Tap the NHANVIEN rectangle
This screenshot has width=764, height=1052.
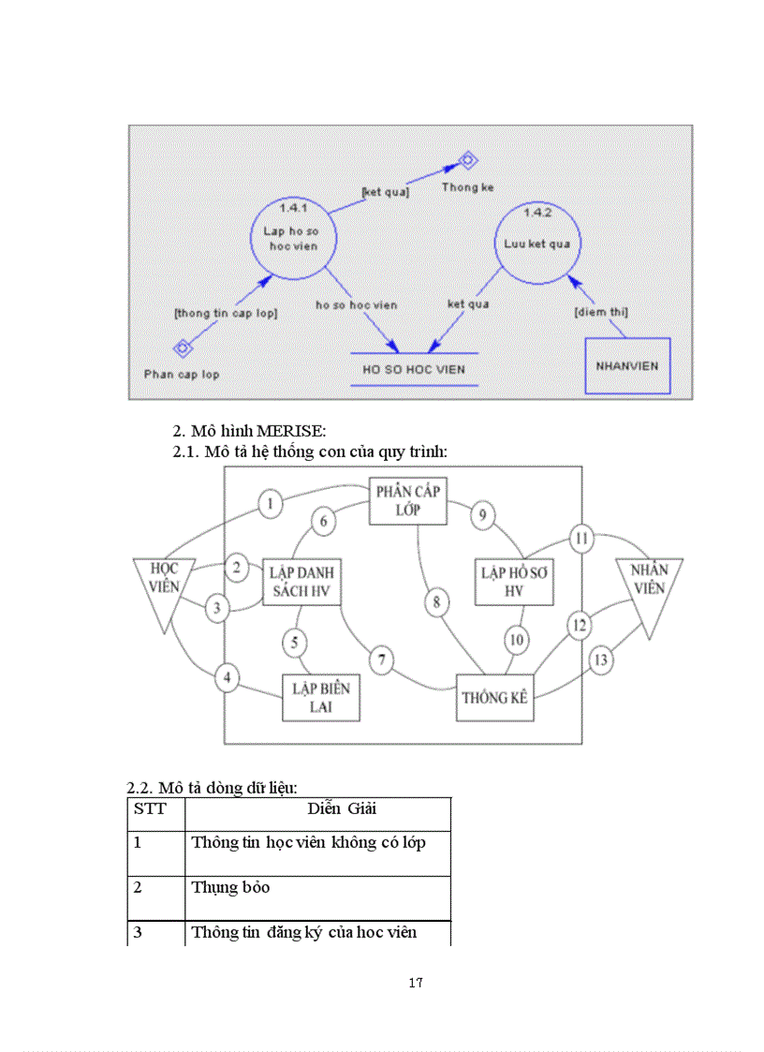[627, 365]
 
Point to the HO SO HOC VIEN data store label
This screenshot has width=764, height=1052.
[414, 369]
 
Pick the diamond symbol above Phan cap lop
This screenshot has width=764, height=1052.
[184, 348]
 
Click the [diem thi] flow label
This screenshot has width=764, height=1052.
[600, 311]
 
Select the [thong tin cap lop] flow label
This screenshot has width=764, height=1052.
[226, 313]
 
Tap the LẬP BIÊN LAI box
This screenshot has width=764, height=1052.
[321, 698]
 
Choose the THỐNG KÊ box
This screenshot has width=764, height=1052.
[495, 698]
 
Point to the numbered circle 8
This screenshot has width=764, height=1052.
[436, 602]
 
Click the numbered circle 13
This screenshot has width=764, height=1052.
[600, 660]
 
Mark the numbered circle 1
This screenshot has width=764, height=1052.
[270, 504]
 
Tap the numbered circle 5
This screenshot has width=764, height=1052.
[294, 643]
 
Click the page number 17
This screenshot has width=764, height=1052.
[417, 983]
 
